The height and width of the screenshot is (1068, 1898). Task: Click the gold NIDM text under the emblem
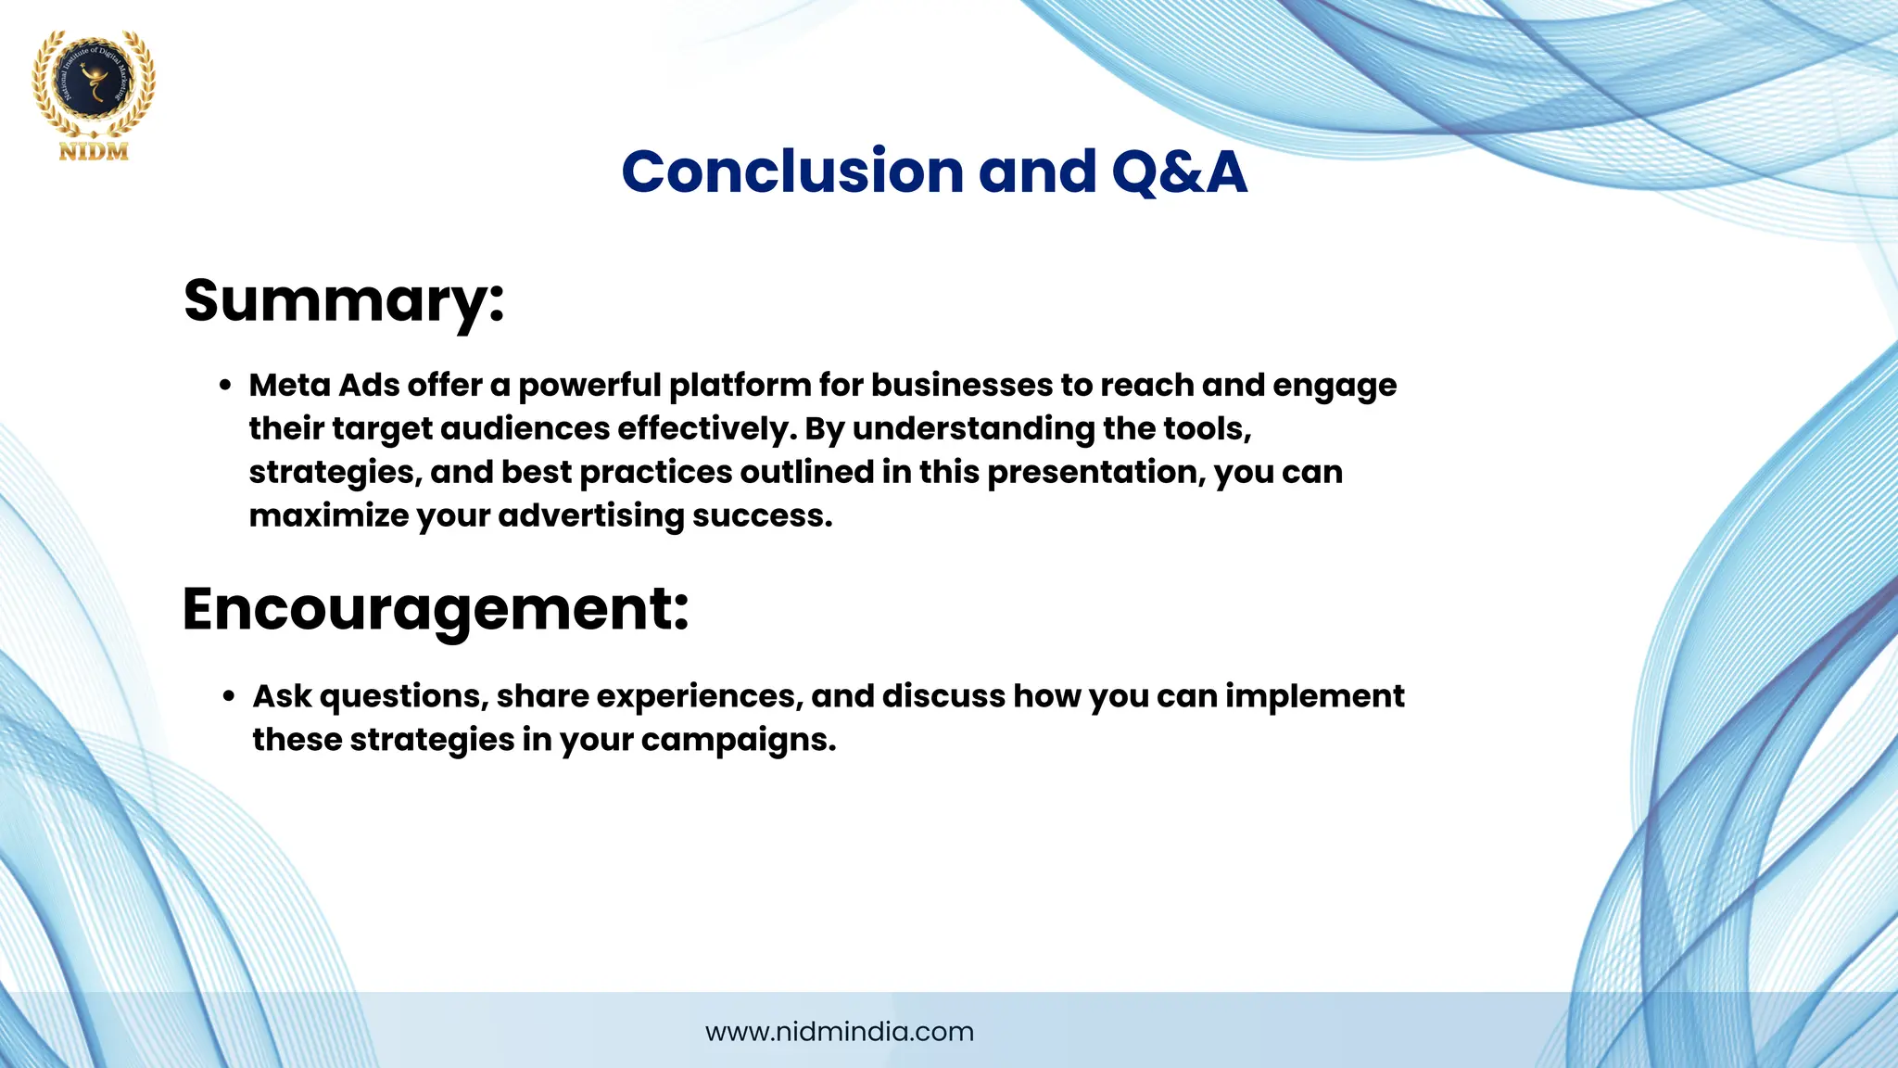[94, 152]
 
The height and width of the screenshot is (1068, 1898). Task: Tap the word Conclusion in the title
[792, 172]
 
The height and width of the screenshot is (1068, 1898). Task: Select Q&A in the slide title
[1179, 172]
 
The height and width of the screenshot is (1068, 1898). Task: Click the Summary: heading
[344, 299]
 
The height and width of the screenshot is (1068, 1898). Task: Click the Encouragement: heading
[436, 608]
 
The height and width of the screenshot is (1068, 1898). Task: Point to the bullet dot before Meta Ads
[225, 386]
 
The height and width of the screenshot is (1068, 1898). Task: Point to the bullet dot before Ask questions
[229, 696]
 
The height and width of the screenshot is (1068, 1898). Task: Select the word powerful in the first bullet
[589, 385]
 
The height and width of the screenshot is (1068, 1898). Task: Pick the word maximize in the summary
[328, 515]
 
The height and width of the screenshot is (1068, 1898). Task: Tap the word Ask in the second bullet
[282, 695]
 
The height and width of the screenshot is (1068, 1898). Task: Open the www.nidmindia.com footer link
[840, 1032]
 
